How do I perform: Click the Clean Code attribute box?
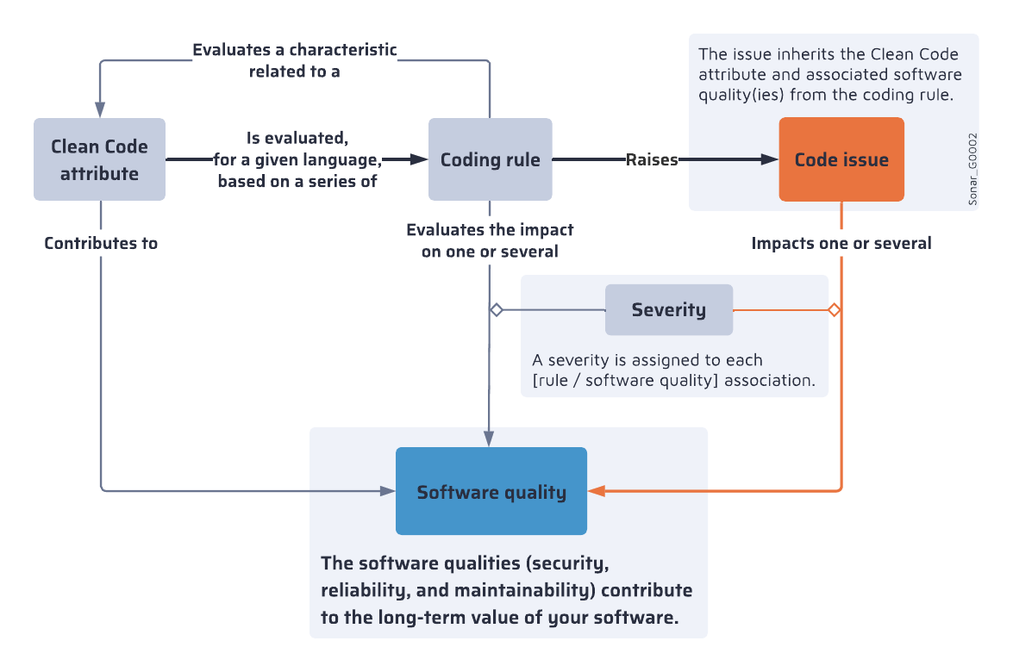99,159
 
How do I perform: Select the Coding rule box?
490,159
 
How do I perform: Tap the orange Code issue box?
841,159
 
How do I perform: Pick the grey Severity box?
668,309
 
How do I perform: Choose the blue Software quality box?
491,491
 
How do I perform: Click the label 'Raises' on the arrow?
652,159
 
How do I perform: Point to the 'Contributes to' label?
101,243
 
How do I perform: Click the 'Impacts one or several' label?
841,243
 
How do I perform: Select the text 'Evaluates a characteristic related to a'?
295,60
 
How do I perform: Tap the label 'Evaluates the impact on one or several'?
490,240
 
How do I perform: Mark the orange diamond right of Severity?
834,309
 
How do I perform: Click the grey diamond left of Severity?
496,309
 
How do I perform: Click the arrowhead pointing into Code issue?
769,159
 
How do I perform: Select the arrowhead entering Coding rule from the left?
419,159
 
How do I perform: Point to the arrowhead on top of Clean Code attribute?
100,109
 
